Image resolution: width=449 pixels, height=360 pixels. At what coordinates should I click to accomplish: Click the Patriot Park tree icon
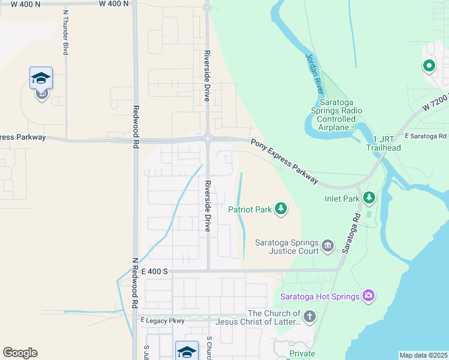[x=280, y=209]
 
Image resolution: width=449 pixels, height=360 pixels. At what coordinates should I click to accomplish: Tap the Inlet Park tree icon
[x=369, y=197]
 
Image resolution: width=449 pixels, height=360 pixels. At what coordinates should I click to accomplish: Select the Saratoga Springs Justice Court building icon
[x=328, y=245]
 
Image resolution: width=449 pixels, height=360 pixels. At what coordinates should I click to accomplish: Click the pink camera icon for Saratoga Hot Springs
[x=369, y=295]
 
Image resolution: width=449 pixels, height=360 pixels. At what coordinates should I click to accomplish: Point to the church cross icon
[x=309, y=316]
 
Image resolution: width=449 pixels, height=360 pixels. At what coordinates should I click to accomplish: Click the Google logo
[x=20, y=353]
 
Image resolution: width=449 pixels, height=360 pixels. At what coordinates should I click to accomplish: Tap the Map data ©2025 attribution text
[x=423, y=355]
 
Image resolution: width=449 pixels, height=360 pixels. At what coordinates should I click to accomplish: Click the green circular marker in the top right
[x=429, y=66]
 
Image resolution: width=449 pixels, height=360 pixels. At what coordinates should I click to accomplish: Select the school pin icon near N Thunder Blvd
[x=41, y=79]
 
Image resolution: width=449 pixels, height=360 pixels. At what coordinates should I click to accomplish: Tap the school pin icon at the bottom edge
[x=187, y=351]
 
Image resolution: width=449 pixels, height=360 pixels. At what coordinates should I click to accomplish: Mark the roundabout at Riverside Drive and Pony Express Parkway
[x=207, y=139]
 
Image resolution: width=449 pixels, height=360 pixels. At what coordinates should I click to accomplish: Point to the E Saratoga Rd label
[x=427, y=137]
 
